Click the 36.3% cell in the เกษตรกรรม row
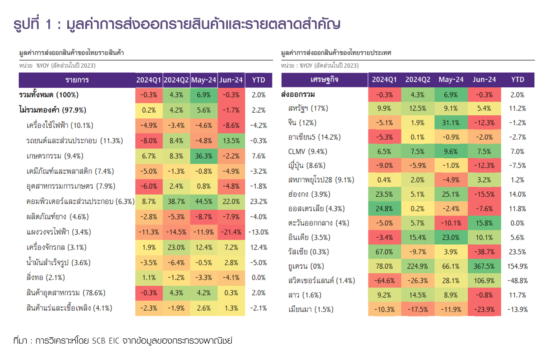point(204,156)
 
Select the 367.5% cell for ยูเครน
point(484,267)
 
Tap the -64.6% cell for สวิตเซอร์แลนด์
point(384,281)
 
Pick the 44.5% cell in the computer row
point(204,202)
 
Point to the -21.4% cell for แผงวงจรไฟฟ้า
point(231,232)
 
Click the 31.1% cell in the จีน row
point(451,123)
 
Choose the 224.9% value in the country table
point(417,267)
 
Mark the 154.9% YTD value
point(517,267)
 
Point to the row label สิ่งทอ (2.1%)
point(45,278)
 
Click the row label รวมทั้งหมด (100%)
point(49,95)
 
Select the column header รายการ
point(77,80)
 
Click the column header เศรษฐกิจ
point(324,80)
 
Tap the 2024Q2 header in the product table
point(176,80)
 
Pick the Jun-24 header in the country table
point(484,80)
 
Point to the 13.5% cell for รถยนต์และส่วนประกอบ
point(231,141)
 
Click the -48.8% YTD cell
point(517,281)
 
